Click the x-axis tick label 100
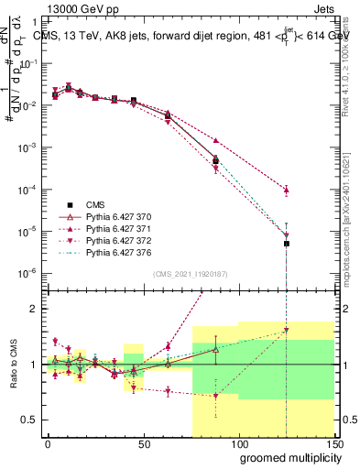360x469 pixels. coord(238,444)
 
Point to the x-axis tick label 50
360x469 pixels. coord(144,444)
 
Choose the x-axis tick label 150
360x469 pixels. coord(333,444)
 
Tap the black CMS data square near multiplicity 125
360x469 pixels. coord(287,244)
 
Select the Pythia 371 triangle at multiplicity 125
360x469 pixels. coord(287,190)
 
